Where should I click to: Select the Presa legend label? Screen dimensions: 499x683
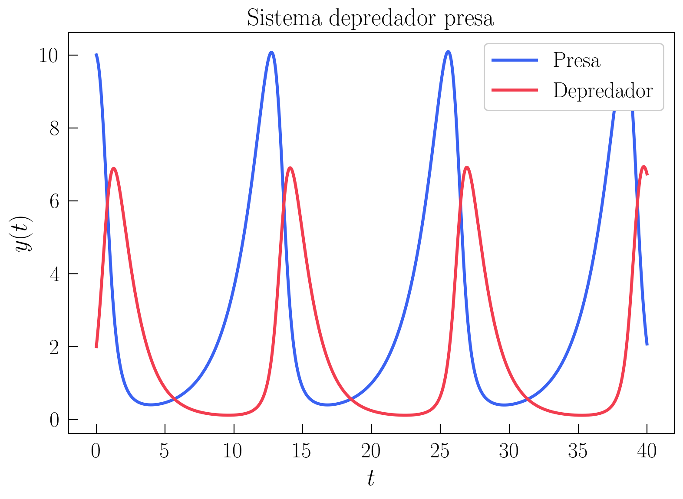576,60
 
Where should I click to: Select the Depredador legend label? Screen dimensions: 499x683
603,90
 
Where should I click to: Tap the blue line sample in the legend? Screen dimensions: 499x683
515,60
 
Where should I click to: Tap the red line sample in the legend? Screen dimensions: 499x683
515,90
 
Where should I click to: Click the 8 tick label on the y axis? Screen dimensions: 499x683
54,128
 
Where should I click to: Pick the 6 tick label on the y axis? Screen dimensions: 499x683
54,201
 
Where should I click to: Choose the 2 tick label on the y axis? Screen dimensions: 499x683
54,347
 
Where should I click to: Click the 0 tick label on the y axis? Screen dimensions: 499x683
54,420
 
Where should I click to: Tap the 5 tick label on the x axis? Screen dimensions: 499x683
165,452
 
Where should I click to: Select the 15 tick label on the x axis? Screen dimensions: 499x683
302,452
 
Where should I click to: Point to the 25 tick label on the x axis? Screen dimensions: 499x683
439,452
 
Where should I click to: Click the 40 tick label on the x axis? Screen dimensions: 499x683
647,452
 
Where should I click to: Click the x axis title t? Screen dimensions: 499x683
371,479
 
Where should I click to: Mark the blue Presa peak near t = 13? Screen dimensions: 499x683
272,53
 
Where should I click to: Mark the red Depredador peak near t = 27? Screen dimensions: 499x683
467,167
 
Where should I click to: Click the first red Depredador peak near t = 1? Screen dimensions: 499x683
114,168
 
